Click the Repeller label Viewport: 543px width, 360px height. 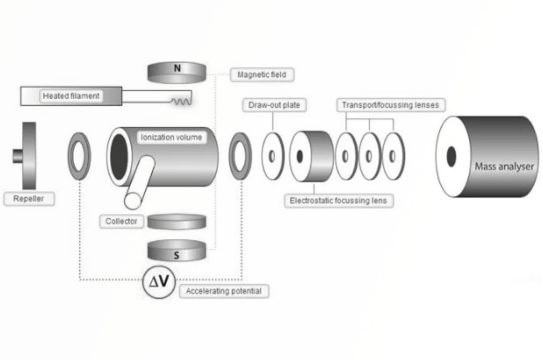(x=29, y=199)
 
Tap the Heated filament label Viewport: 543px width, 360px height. (x=71, y=96)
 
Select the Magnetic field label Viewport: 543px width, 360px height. (x=262, y=75)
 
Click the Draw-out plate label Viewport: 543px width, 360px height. (x=274, y=105)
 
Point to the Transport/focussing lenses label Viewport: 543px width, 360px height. (x=390, y=105)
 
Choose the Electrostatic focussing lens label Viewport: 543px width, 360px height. (x=338, y=201)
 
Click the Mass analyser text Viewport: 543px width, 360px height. (x=504, y=166)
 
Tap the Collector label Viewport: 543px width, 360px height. (x=121, y=221)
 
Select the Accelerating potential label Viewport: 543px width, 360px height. (x=224, y=291)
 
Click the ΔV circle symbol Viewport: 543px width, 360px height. (x=159, y=282)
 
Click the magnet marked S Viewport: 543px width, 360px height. (x=177, y=251)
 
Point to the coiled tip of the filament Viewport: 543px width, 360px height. (x=181, y=101)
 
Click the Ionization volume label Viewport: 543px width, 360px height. (x=171, y=138)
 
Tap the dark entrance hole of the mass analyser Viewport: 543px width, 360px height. (x=451, y=157)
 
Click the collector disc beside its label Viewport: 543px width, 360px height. (x=177, y=221)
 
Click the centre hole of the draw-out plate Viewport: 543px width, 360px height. (x=272, y=156)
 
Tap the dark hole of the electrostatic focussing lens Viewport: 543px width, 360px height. (x=299, y=156)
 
